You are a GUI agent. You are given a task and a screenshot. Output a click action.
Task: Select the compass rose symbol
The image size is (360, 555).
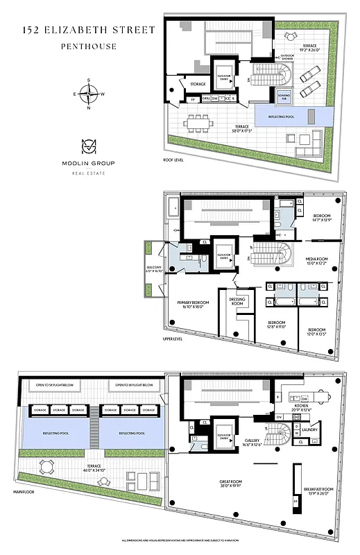click(88, 94)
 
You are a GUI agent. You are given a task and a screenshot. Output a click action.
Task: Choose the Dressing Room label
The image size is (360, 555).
click(238, 302)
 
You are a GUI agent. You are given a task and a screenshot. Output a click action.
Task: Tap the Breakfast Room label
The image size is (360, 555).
click(319, 490)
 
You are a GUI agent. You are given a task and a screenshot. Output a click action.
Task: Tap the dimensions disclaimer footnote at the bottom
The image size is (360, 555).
click(180, 540)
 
